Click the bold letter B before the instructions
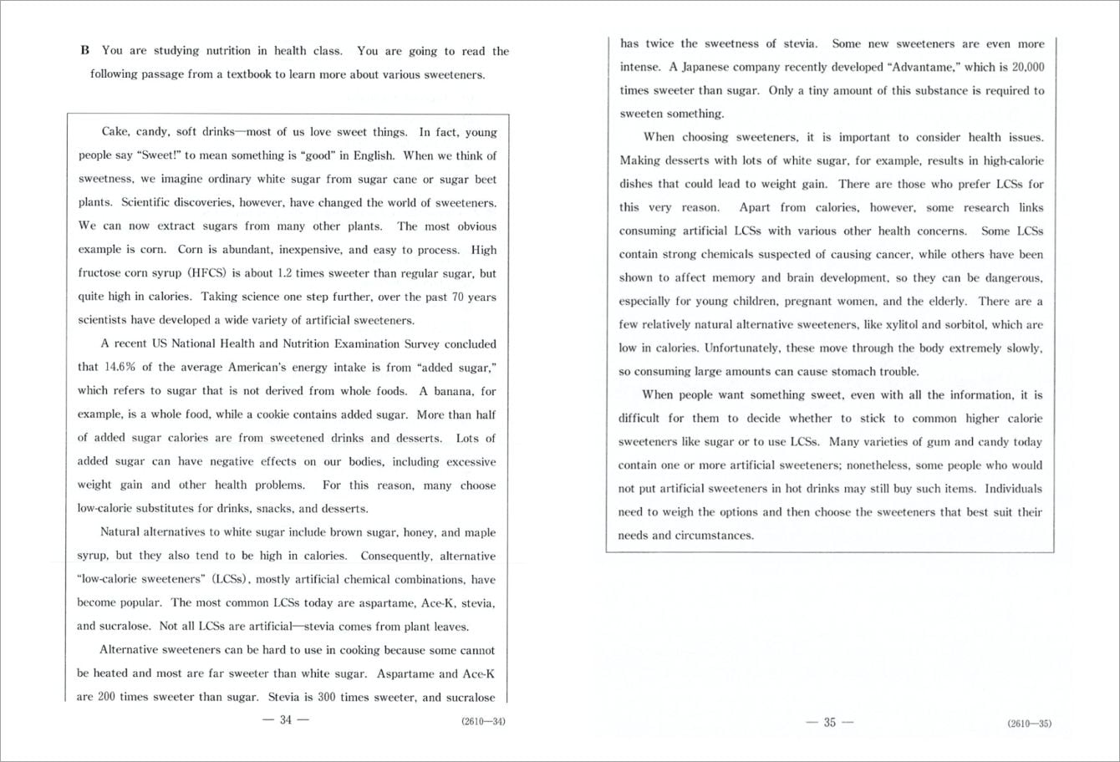click(x=84, y=51)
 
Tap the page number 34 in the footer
click(x=285, y=721)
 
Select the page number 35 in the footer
click(x=829, y=723)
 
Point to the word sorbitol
click(x=945, y=324)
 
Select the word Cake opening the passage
click(x=114, y=132)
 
